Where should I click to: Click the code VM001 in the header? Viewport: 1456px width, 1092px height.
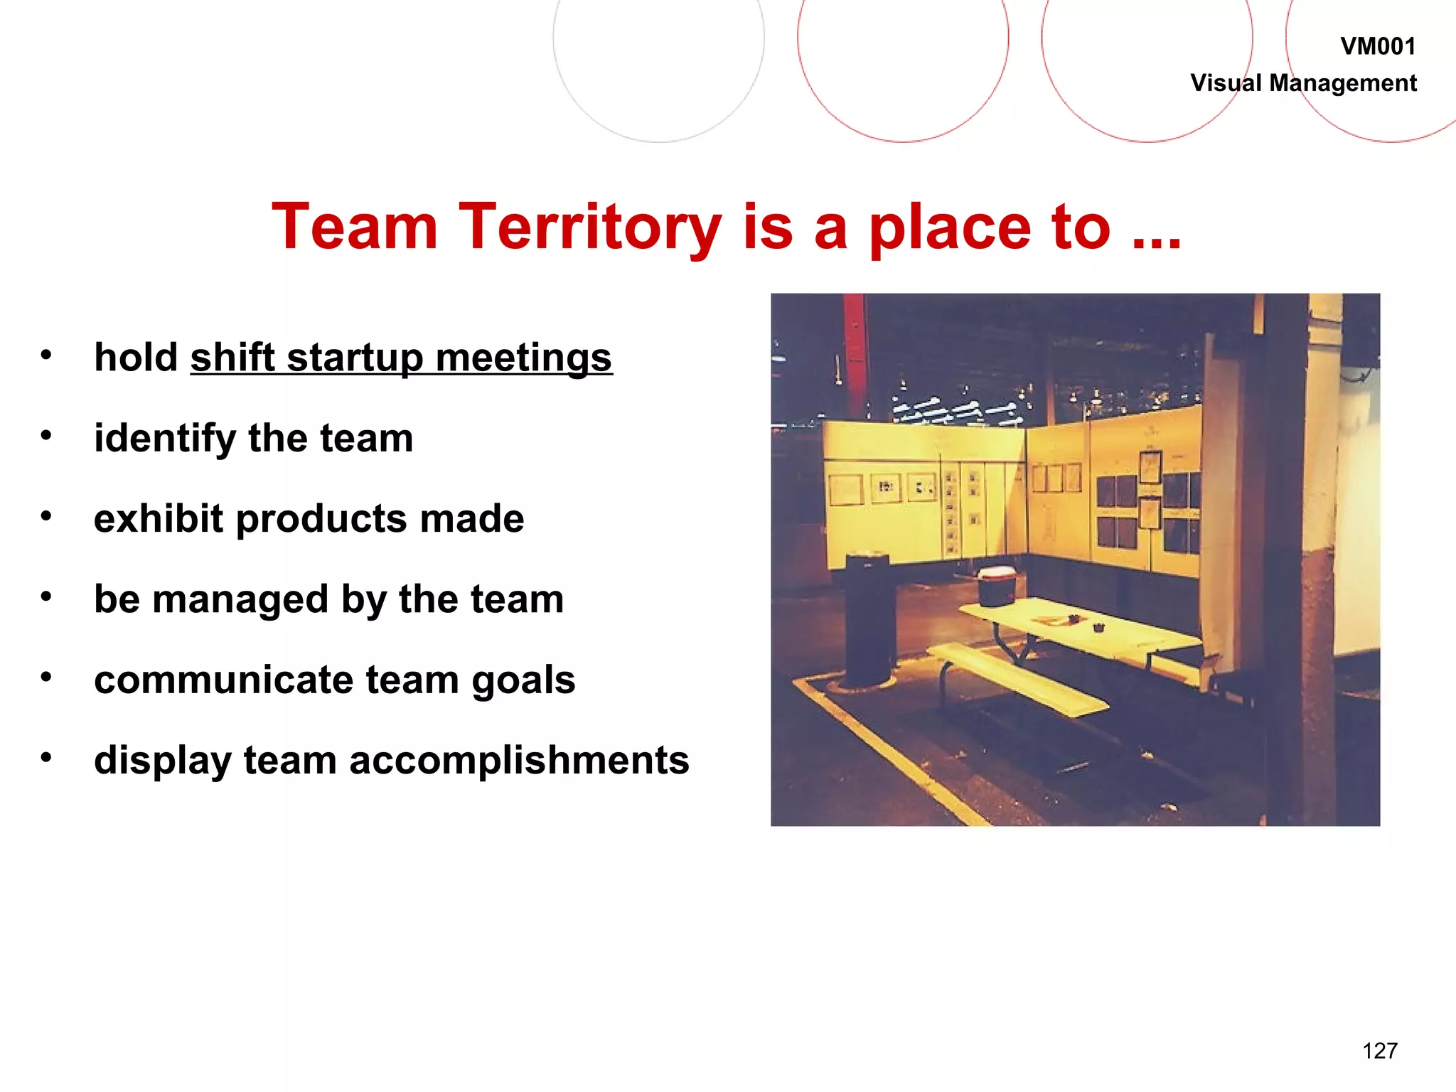click(1377, 47)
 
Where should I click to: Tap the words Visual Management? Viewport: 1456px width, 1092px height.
click(1303, 83)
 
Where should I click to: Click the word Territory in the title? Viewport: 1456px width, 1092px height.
click(589, 227)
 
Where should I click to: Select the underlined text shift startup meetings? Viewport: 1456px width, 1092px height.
click(401, 358)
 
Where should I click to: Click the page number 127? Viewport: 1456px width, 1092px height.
click(1379, 1051)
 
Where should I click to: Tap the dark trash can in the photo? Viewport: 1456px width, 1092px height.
click(867, 619)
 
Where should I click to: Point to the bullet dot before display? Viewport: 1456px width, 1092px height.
click(46, 757)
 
